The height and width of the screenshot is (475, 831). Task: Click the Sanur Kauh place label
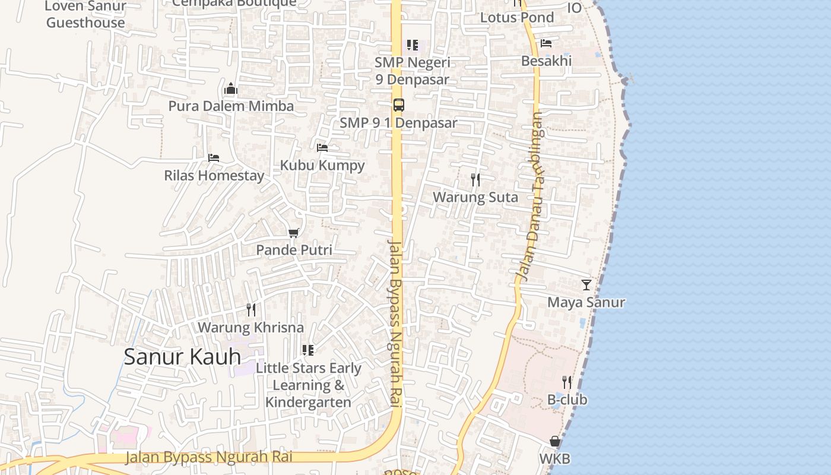coord(182,357)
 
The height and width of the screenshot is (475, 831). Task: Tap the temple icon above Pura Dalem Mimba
coord(231,90)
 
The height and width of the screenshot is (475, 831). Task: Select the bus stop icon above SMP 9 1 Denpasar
coord(399,105)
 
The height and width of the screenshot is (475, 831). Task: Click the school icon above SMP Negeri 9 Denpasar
coord(412,45)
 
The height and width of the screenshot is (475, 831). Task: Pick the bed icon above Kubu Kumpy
coord(322,147)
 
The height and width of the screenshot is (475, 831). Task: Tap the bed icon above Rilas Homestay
coord(214,157)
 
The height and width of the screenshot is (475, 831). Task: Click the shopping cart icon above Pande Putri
coord(293,233)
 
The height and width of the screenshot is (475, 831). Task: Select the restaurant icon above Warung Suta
coord(475,179)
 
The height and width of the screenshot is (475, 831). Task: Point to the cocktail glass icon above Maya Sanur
coord(586,285)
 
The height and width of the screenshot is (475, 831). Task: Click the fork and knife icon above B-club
coord(567,382)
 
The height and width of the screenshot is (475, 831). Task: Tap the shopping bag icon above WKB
coord(555,441)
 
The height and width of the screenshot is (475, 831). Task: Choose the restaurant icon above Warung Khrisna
coord(251,309)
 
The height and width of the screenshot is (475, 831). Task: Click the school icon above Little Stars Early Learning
coord(307,350)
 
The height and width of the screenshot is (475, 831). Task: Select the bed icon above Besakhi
coord(546,43)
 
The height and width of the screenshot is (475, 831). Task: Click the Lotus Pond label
coord(516,17)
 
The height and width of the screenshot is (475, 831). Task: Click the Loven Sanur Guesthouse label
coord(86,15)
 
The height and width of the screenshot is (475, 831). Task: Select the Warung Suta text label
coord(475,197)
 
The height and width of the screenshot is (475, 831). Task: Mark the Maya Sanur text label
coord(586,302)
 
